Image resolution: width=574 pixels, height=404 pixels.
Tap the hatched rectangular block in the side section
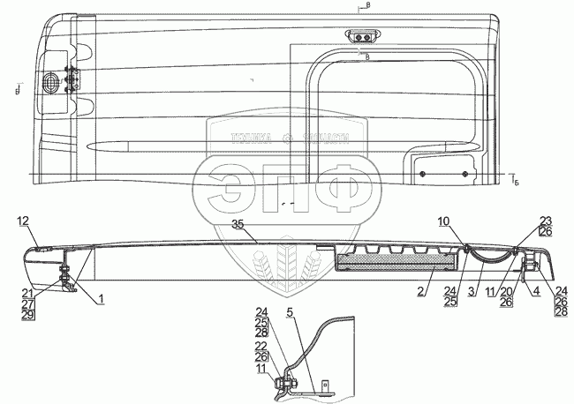385,261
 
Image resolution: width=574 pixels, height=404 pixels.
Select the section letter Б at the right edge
517,182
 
